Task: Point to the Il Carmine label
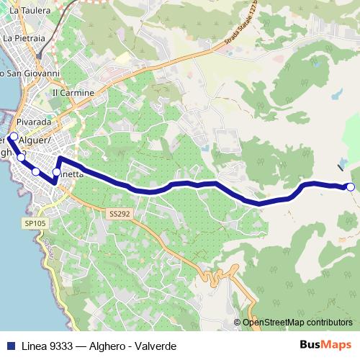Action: (73, 94)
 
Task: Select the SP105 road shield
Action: (34, 224)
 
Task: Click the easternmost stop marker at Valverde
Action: (351, 187)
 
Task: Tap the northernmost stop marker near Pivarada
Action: (13, 135)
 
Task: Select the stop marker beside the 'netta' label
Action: (56, 172)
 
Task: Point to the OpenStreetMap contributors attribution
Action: (297, 323)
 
